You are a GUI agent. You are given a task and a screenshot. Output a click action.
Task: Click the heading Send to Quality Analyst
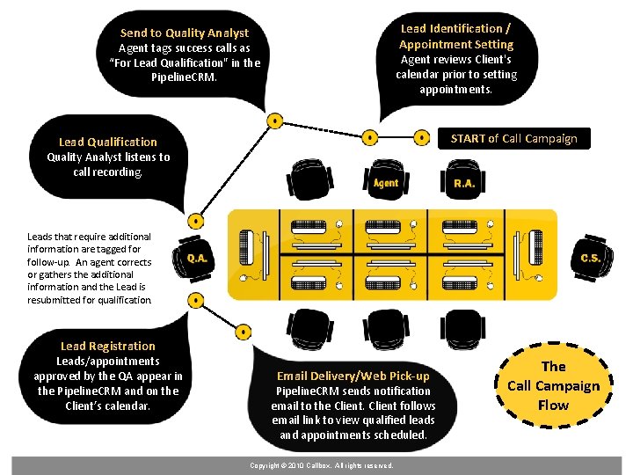click(x=184, y=33)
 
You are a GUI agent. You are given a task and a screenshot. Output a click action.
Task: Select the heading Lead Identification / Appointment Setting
click(x=455, y=36)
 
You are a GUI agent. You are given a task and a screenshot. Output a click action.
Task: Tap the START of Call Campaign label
click(x=513, y=138)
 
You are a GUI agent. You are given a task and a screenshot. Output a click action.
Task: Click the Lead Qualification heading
click(x=107, y=142)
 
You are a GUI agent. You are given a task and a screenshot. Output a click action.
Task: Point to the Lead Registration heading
click(x=107, y=346)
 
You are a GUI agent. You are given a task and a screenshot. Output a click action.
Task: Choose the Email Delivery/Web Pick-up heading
click(x=353, y=376)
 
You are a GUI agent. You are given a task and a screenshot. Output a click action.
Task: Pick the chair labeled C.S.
click(x=590, y=257)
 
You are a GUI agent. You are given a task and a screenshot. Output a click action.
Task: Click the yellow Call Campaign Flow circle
click(x=554, y=385)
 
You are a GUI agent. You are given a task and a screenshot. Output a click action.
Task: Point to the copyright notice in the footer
click(x=321, y=465)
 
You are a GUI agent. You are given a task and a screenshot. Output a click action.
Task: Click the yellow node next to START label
click(x=421, y=137)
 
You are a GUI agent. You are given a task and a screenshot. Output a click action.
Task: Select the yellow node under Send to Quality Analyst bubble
click(x=275, y=120)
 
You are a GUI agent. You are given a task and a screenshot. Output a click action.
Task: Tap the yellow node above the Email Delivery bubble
click(x=242, y=332)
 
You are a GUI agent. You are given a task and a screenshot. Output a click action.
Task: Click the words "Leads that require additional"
click(x=89, y=237)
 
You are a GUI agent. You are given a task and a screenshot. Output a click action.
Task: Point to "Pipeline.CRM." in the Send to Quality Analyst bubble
click(x=184, y=77)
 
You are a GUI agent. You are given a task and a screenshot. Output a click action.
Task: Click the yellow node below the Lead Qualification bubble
click(x=196, y=222)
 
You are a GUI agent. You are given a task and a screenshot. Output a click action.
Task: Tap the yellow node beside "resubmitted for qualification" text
click(x=196, y=300)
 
